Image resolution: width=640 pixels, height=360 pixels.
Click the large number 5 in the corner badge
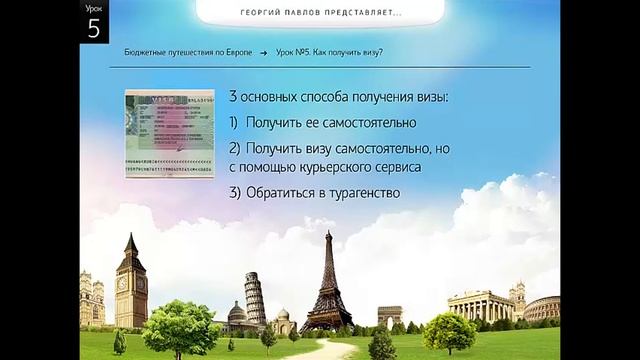click(93, 28)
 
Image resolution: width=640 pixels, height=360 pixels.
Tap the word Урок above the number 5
click(93, 8)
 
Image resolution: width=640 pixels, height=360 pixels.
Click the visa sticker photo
click(168, 134)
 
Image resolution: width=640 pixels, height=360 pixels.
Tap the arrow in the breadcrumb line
click(263, 52)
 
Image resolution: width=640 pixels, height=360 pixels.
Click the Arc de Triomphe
click(389, 317)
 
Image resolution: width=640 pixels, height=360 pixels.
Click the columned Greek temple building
click(481, 306)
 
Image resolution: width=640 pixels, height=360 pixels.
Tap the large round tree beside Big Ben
click(180, 324)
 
